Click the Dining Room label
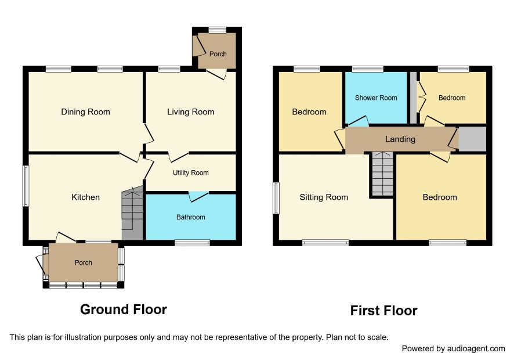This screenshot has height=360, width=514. coord(85,112)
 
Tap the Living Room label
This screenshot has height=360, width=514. coord(191,112)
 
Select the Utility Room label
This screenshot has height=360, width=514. coord(191,172)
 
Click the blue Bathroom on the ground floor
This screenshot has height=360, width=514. coord(191,217)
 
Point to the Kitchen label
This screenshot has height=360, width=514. coord(85,197)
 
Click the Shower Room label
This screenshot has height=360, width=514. coord(376,98)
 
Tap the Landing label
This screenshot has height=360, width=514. coord(400,139)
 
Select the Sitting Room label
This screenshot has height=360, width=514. coord(324,197)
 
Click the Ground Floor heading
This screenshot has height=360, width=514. coord(124,309)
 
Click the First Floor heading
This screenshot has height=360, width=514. coord(384,311)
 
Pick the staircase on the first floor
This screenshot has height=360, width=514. coord(382,174)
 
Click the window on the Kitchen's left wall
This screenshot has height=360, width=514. coord(26,186)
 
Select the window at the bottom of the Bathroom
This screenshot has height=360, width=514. coord(193,243)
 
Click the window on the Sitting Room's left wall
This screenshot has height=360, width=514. coord(276,198)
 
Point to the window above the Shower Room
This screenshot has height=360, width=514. coord(368,69)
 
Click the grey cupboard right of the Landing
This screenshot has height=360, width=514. coord(472,139)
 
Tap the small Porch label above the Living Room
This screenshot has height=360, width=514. coord(218,54)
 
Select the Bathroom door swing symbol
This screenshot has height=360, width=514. coord(198,197)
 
